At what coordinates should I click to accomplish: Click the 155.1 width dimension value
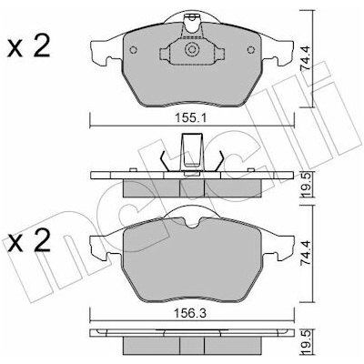(191, 118)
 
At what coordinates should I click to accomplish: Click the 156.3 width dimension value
(191, 313)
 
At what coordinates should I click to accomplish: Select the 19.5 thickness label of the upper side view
(306, 185)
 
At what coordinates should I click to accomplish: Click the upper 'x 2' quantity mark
(29, 47)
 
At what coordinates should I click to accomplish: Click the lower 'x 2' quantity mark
(29, 242)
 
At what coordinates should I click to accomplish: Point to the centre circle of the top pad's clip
(192, 49)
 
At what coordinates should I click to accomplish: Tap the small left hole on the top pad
(134, 50)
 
